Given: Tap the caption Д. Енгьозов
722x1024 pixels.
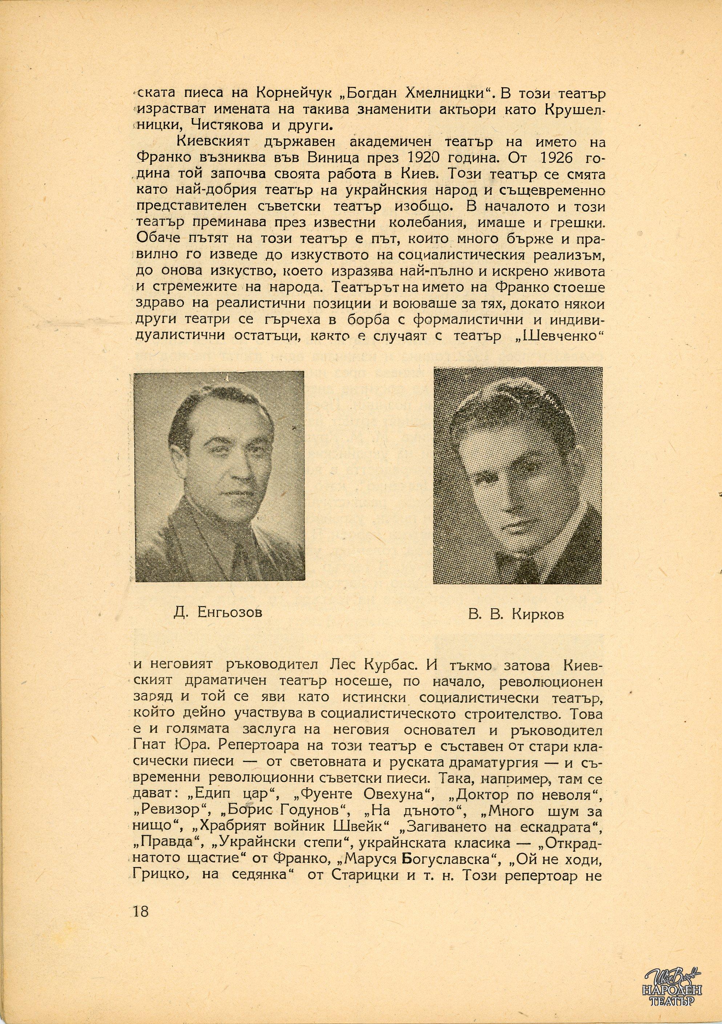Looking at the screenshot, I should pyautogui.click(x=218, y=612).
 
